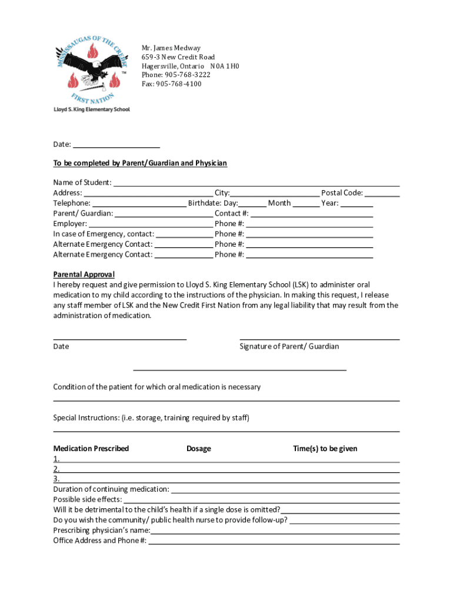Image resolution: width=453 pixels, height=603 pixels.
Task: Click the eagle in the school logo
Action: coord(91,66)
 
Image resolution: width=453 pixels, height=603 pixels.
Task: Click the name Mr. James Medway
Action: coord(171,48)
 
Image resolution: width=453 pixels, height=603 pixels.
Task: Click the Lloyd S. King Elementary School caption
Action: coord(92,110)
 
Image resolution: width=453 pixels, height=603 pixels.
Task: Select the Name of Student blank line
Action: coord(256,183)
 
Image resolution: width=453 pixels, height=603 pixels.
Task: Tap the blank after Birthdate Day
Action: coord(252,203)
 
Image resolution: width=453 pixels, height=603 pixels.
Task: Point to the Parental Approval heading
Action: coord(84,274)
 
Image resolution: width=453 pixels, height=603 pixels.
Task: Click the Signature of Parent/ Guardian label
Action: coord(289,346)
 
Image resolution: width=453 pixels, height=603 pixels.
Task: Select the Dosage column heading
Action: coord(198,449)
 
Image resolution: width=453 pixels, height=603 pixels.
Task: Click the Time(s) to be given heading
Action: coord(325,449)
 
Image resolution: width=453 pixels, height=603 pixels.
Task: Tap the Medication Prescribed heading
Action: coord(91,449)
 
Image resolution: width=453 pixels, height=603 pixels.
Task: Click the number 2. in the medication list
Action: coord(56,469)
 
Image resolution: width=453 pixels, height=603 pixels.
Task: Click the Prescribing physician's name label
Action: coord(101,531)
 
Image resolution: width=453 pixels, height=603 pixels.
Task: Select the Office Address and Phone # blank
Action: coord(274,541)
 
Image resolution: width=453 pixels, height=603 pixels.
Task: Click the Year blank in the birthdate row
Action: coord(357,203)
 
